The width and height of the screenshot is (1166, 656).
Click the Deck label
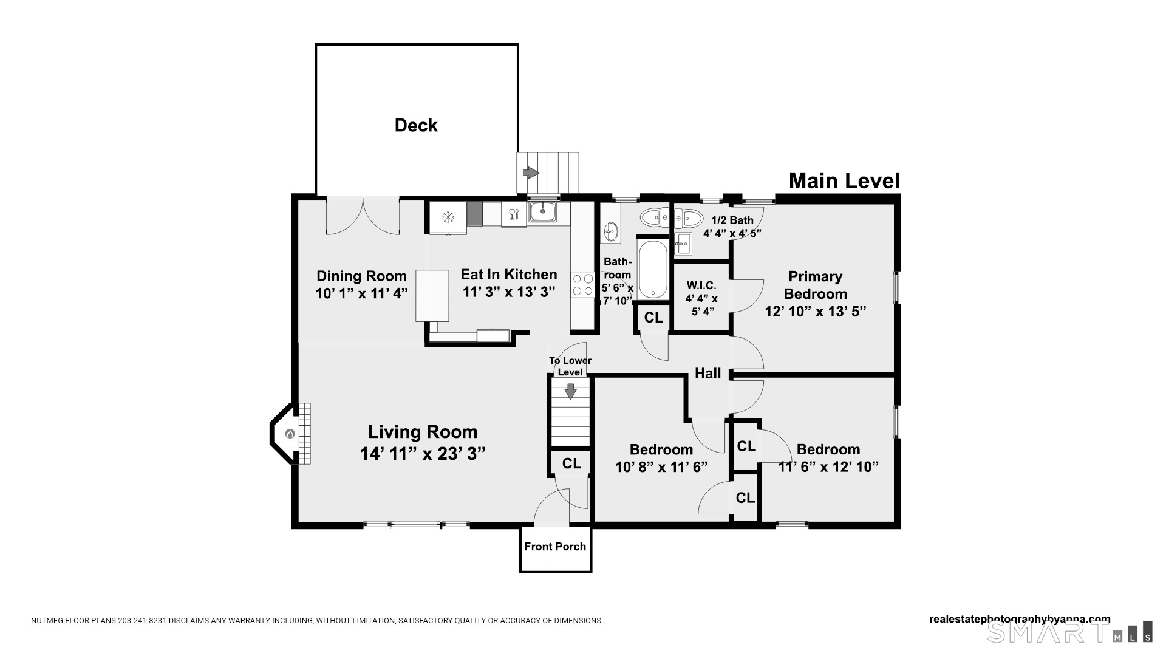click(x=416, y=125)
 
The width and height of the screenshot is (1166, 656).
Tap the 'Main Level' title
click(x=844, y=180)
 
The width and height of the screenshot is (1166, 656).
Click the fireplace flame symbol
click(x=290, y=434)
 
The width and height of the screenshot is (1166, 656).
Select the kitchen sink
click(x=542, y=211)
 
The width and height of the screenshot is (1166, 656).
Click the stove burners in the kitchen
click(x=583, y=285)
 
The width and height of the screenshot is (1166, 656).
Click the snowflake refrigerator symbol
click(x=448, y=217)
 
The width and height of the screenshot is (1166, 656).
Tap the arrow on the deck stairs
click(x=531, y=173)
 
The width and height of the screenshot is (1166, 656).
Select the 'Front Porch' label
click(x=555, y=547)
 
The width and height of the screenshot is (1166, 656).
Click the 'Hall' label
click(x=708, y=373)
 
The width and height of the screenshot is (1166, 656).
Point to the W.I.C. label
click(x=701, y=285)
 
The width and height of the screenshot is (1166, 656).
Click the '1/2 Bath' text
click(x=732, y=220)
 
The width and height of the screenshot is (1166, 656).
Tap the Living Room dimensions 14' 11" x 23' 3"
click(x=423, y=454)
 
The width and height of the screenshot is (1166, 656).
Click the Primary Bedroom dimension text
click(x=815, y=311)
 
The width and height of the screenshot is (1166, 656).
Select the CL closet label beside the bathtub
click(x=653, y=318)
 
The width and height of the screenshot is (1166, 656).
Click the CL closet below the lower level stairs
click(x=571, y=463)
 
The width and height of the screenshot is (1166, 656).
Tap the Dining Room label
click(x=361, y=276)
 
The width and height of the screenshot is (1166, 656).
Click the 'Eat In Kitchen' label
click(x=509, y=275)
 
